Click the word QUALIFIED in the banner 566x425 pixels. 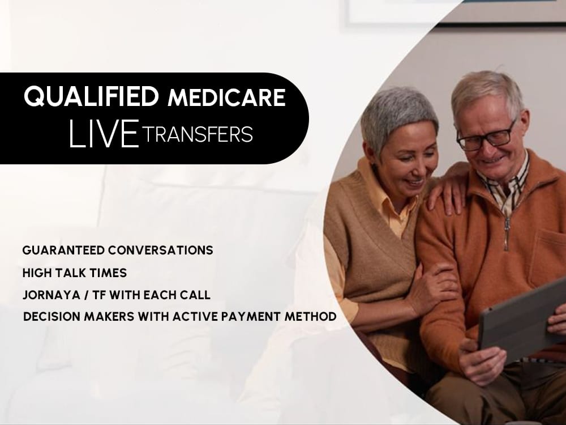pyautogui.click(x=91, y=97)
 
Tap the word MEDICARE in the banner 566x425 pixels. pyautogui.click(x=226, y=98)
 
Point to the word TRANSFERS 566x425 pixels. pyautogui.click(x=198, y=135)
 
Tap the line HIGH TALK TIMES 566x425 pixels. pyautogui.click(x=74, y=273)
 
